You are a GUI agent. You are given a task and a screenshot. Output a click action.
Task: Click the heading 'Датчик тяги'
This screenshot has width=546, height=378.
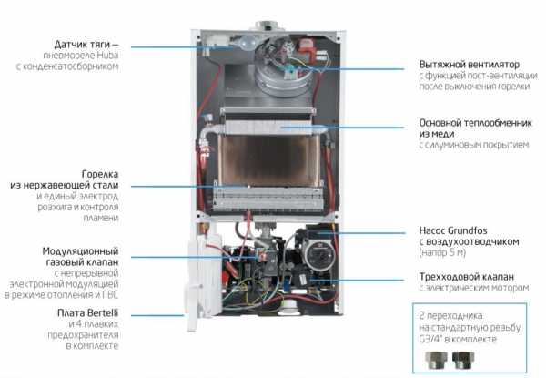click(x=83, y=45)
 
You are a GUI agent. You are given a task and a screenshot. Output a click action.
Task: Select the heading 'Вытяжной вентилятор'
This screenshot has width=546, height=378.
click(x=469, y=65)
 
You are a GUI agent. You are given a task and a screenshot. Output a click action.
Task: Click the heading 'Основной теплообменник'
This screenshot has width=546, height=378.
click(x=475, y=123)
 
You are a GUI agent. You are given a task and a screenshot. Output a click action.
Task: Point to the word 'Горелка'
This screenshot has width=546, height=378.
click(x=100, y=174)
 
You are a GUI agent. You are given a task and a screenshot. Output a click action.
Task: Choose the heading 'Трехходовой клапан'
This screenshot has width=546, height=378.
click(x=466, y=277)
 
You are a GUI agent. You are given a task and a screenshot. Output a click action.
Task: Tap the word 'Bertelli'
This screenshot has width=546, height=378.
click(x=102, y=312)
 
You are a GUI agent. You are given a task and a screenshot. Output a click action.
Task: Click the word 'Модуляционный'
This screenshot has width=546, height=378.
click(x=80, y=251)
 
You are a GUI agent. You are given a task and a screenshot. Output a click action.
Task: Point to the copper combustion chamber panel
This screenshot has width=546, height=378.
click(x=268, y=159)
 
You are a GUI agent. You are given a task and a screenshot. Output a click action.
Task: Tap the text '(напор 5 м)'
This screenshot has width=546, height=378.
click(x=442, y=252)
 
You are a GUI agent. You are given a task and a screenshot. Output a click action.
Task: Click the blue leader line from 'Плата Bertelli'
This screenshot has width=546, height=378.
click(x=157, y=316)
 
